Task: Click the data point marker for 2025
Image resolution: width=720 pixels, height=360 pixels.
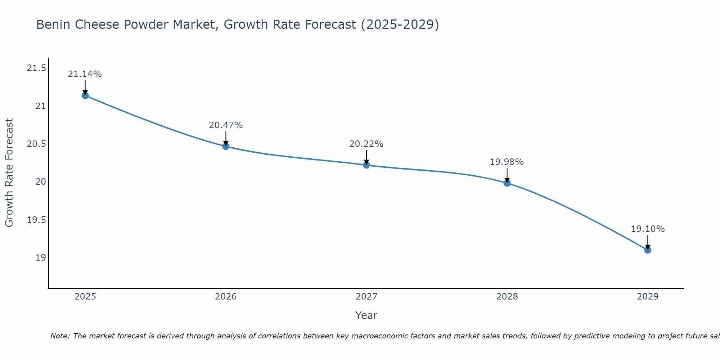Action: [85, 95]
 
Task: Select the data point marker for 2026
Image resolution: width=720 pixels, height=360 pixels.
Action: [226, 146]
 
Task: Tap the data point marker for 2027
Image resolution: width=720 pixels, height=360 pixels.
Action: [366, 165]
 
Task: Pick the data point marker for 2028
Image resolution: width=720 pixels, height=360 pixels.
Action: [507, 183]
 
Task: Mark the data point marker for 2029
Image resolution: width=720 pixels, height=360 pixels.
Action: [648, 250]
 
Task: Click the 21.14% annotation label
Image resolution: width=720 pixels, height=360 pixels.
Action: [85, 74]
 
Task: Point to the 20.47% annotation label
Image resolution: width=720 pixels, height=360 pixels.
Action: [226, 125]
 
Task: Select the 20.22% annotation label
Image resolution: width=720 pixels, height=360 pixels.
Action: [366, 144]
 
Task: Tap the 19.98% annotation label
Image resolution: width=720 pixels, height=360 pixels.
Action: [507, 162]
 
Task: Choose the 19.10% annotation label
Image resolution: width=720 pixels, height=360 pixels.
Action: [648, 229]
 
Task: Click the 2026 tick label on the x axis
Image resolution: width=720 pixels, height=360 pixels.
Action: [226, 297]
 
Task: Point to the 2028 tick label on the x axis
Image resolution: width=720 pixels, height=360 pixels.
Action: [507, 297]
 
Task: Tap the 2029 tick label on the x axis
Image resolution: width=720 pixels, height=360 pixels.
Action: [648, 297]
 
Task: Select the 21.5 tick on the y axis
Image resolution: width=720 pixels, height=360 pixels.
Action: [36, 68]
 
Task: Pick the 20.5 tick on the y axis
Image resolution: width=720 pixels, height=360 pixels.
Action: [36, 144]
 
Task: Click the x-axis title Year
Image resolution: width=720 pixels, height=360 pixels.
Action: [366, 315]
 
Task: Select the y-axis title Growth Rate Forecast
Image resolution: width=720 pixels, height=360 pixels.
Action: [9, 172]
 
